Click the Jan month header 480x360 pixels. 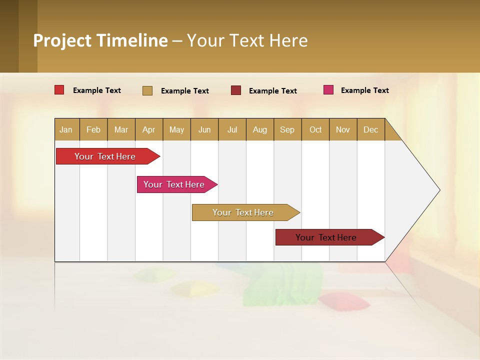pyautogui.click(x=66, y=129)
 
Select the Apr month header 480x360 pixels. pyautogui.click(x=148, y=129)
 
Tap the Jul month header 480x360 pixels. pyautogui.click(x=232, y=129)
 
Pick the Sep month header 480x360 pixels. pyautogui.click(x=287, y=129)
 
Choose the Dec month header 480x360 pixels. pyautogui.click(x=370, y=129)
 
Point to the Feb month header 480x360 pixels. pyautogui.click(x=93, y=129)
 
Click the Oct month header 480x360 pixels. pyautogui.click(x=315, y=129)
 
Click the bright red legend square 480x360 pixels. pyautogui.click(x=59, y=90)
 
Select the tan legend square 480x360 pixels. pyautogui.click(x=147, y=90)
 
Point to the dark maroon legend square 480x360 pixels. pyautogui.click(x=236, y=90)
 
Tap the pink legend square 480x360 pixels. pyautogui.click(x=328, y=90)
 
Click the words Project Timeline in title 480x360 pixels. pyautogui.click(x=100, y=40)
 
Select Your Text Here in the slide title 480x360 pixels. pyautogui.click(x=247, y=40)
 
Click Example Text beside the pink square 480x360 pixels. pyautogui.click(x=364, y=90)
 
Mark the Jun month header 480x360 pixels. pyautogui.click(x=204, y=129)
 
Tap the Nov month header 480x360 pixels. pyautogui.click(x=343, y=129)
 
